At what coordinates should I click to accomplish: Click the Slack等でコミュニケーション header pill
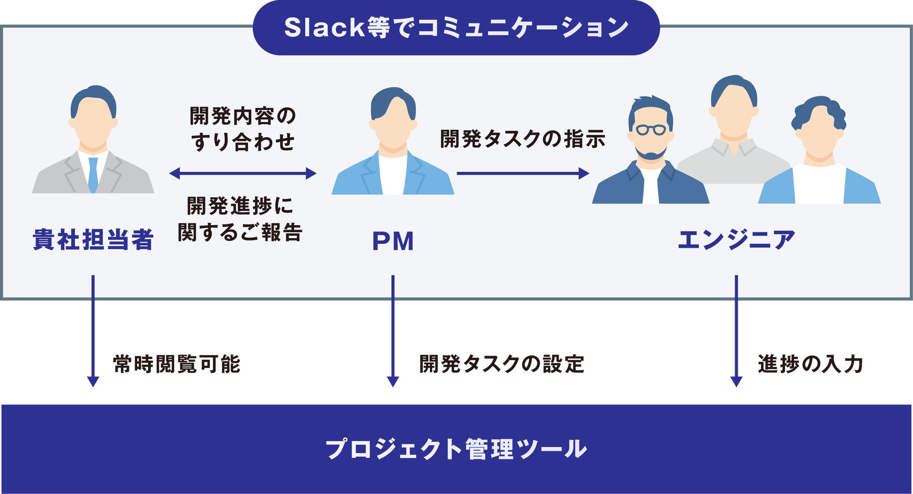[x=456, y=28]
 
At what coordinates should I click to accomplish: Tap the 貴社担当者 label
[x=93, y=240]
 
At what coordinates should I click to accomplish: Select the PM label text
[x=393, y=242]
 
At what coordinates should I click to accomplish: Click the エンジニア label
[x=736, y=240]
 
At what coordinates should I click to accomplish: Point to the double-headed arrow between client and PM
[x=243, y=174]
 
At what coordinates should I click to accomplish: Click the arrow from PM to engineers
[x=522, y=174]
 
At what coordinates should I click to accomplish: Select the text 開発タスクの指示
[x=523, y=140]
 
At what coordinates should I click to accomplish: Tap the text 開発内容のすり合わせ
[x=243, y=129]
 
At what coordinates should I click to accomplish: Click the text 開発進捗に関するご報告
[x=240, y=219]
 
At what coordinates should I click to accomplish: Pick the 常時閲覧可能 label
[x=177, y=364]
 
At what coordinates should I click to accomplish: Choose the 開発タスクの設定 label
[x=501, y=364]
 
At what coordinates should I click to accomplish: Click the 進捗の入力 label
[x=810, y=364]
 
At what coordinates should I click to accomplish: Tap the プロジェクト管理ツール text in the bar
[x=456, y=449]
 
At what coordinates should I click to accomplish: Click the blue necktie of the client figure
[x=93, y=175]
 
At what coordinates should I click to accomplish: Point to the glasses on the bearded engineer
[x=650, y=129]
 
